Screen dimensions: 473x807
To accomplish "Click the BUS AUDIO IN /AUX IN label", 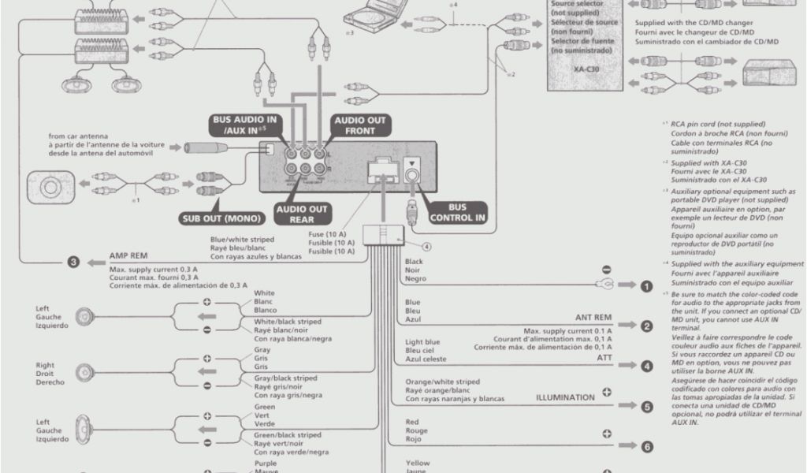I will tap(240, 125).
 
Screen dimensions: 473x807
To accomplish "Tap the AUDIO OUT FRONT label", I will tap(360, 125).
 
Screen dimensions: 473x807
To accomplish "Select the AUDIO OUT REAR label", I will tap(301, 214).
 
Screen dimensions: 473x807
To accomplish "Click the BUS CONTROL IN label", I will tap(457, 213).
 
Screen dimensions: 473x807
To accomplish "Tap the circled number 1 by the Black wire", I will tap(646, 286).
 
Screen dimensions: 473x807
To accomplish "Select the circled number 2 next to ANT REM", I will tap(646, 326).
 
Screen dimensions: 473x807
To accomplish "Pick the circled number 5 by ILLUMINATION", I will tap(646, 407).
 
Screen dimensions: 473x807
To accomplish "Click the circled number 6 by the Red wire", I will tap(646, 447).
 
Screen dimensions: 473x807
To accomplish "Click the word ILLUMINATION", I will tap(565, 398).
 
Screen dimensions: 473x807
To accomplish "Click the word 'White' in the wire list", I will tap(264, 293).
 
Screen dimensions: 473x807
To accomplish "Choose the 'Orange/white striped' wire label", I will tap(442, 382).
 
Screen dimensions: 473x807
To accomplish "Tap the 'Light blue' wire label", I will tap(422, 342).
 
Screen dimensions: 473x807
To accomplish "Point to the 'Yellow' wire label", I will tap(417, 463).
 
